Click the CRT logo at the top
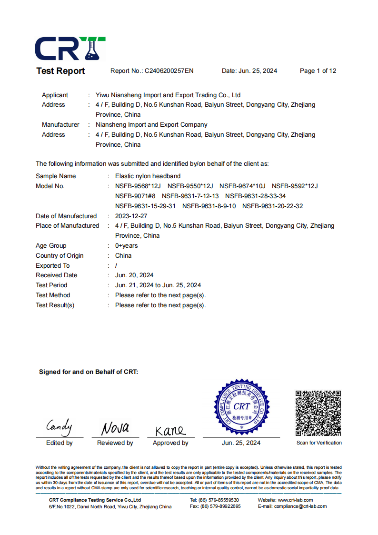[x=70, y=48]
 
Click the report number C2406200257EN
[x=169, y=71]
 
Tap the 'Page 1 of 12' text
[x=318, y=71]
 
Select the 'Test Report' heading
[x=60, y=71]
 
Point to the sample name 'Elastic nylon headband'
[x=148, y=176]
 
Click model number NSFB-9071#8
[x=135, y=196]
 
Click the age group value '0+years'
[x=127, y=246]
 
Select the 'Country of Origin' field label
[x=60, y=256]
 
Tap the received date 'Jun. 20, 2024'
[x=134, y=275]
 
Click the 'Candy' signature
[x=59, y=426]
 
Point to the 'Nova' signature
[x=115, y=428]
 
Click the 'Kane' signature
[x=170, y=430]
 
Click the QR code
[x=318, y=413]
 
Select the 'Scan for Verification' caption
[x=319, y=443]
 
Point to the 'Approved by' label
[x=170, y=443]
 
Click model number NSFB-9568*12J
[x=138, y=186]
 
